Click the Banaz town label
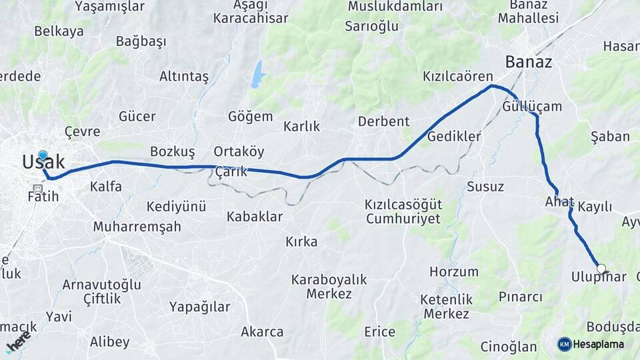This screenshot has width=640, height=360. (x=528, y=62)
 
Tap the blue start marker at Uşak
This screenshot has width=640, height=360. (x=43, y=156)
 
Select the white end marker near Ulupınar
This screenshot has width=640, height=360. (x=601, y=269)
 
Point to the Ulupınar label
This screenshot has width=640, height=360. (x=599, y=277)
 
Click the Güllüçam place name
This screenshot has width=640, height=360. (x=532, y=106)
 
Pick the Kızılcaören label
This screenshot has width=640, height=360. (x=457, y=77)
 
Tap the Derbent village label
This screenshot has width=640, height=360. (x=383, y=121)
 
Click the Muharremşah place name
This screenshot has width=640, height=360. (x=137, y=227)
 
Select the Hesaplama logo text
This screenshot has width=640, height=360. (x=598, y=344)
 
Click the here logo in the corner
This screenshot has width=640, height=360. (x=19, y=340)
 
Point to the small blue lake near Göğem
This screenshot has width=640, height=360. (x=257, y=75)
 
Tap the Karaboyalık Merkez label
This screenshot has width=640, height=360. (x=329, y=287)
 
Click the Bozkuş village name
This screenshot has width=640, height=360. (x=172, y=151)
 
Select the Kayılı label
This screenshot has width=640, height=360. (x=595, y=207)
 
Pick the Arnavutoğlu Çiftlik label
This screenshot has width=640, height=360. (x=102, y=292)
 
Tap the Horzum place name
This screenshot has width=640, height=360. (x=453, y=271)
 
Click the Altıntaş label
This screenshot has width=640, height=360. (x=184, y=77)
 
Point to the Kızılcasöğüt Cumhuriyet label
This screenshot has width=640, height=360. (x=403, y=211)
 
